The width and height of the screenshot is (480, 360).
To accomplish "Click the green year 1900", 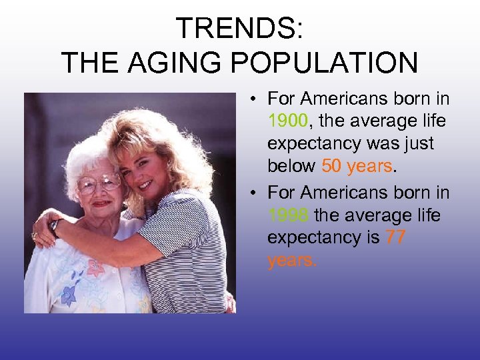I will (x=287, y=121).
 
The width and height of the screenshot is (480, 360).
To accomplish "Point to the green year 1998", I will (x=287, y=215).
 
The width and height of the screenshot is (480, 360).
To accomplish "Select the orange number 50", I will (x=331, y=165).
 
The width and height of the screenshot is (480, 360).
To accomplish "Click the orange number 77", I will (x=395, y=237).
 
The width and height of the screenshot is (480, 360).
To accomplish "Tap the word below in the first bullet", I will (x=291, y=165).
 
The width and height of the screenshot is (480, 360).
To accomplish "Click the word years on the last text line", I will (x=292, y=260).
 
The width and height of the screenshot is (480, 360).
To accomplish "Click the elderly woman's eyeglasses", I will (x=98, y=183).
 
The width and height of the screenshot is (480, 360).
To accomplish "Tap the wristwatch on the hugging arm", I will (x=55, y=227).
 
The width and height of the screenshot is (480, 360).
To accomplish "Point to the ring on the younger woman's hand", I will (x=34, y=235).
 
